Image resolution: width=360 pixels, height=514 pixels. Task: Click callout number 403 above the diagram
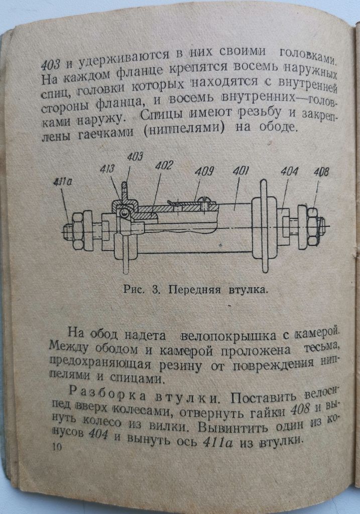(x=135, y=157)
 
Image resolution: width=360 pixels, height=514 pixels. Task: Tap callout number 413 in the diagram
(x=107, y=169)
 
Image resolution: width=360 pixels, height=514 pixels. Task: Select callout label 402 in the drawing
(x=164, y=165)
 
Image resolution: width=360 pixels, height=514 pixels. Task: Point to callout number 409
(x=204, y=171)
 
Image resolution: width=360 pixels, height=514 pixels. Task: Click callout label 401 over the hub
(x=241, y=171)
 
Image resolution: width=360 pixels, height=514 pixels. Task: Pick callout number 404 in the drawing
(x=290, y=171)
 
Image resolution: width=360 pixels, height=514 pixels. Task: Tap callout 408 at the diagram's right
(x=321, y=172)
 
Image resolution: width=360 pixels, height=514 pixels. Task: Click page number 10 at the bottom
(x=57, y=447)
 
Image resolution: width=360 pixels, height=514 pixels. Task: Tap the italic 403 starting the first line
(x=51, y=65)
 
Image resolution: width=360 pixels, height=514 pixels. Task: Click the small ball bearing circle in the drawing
(x=124, y=213)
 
